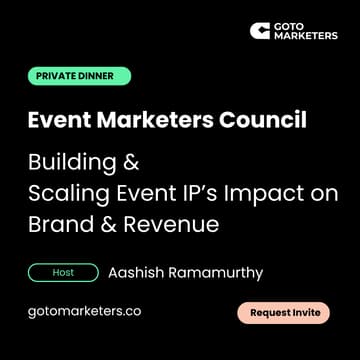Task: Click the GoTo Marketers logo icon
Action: coord(259,31)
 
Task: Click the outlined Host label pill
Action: coord(63,271)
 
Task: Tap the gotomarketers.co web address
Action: coord(84,311)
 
